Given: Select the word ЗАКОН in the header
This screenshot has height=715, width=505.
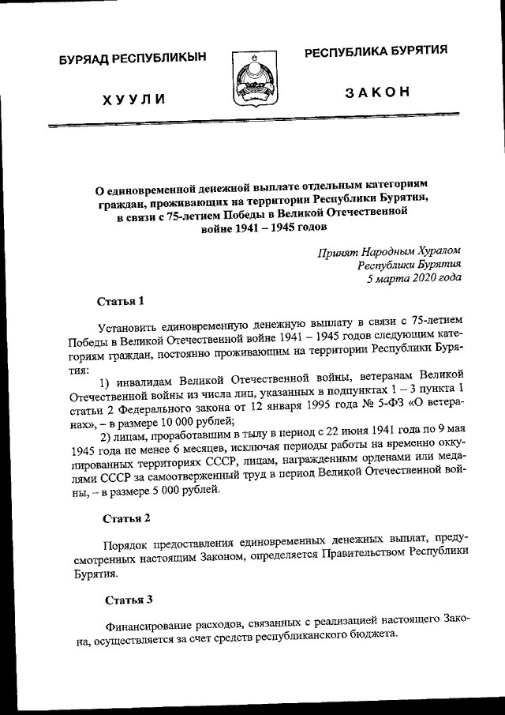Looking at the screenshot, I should coord(378,92).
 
